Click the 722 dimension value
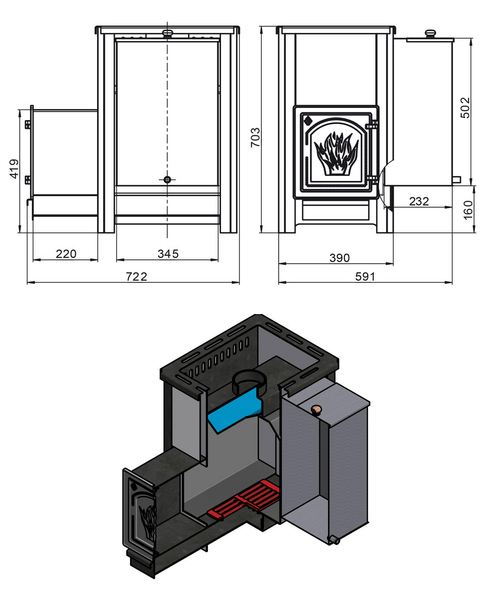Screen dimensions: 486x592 [x=136, y=276]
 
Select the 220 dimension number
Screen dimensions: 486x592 [x=66, y=254]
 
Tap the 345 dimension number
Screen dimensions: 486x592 [x=168, y=254]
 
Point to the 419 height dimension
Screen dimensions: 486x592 [x=14, y=169]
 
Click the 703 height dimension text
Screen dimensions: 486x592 [x=256, y=138]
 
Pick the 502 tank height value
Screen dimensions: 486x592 [x=465, y=108]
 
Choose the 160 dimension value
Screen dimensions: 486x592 [x=468, y=210]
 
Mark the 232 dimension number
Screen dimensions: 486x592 [x=419, y=201]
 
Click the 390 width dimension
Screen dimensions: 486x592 [x=340, y=258]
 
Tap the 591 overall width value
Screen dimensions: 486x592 [x=365, y=277]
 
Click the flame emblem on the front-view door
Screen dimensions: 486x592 [x=336, y=153]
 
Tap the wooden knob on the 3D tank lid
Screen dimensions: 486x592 [x=315, y=411]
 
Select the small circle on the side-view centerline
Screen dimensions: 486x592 [x=167, y=180]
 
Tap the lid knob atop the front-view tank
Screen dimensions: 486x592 [x=430, y=33]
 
